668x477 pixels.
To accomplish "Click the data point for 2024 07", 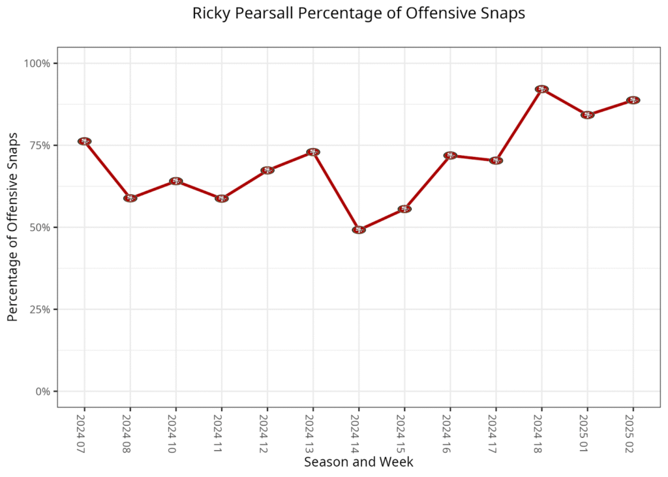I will coord(84,141).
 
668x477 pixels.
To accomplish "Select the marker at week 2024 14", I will coord(359,229).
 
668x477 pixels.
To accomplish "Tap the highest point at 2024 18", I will coord(541,89).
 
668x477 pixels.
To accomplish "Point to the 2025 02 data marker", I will coord(633,100).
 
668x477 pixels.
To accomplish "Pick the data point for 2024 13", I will coord(313,152).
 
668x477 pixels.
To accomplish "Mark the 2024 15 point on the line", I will coord(404,209).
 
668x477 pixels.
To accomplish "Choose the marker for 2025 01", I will coord(587,115).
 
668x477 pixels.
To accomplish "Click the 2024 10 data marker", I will coord(175,181).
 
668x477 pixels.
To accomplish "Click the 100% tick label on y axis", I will coord(37,63).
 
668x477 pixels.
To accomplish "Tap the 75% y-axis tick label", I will coord(40,145).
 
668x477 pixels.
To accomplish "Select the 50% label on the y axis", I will coord(40,227).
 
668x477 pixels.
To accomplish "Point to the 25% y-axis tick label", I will coord(40,310).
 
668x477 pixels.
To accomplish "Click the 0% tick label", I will coord(42,392).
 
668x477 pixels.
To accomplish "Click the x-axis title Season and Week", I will coord(358,462).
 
